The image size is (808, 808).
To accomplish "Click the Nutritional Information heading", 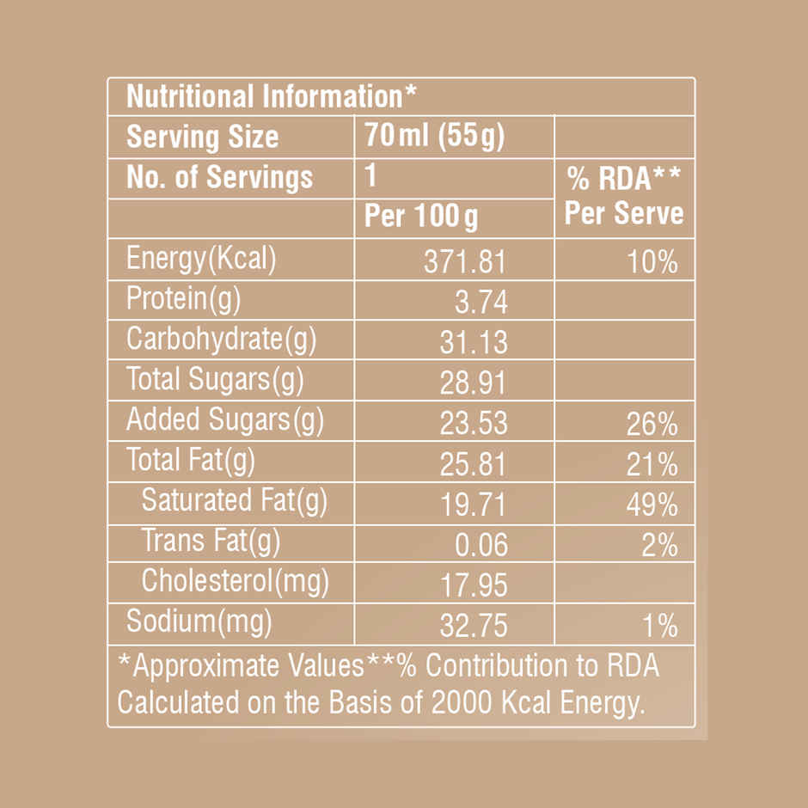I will coord(265,96).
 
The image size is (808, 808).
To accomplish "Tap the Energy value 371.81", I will coord(465,261).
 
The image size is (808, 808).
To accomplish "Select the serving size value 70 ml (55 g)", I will coord(434,137).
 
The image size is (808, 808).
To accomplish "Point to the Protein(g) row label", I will coord(183,300).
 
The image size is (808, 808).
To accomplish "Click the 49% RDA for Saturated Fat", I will coord(652,505).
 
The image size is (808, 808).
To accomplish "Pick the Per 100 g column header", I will coord(421,217).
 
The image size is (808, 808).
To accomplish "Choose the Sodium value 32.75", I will coord(474,626).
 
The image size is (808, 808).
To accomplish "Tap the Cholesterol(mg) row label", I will coord(235,582).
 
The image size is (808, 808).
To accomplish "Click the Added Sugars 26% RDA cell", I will coord(652,424).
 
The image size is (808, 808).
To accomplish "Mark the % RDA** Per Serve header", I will coord(623,196).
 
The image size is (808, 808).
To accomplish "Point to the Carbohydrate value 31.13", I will coord(474,343).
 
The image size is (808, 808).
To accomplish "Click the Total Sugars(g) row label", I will coord(215,379).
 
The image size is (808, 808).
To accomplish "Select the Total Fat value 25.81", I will coord(474,465).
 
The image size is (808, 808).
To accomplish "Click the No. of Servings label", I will coord(219,178).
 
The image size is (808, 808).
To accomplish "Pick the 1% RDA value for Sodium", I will coord(659,626).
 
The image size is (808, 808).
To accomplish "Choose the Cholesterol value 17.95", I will coord(474,585).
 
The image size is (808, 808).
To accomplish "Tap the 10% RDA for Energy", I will coord(652,261).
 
